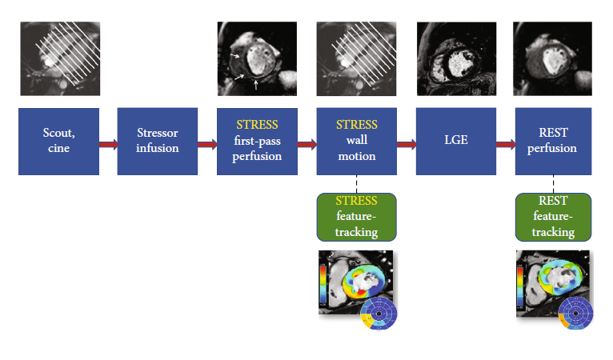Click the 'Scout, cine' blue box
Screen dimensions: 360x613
coord(58,142)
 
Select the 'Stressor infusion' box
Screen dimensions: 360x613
coord(158,142)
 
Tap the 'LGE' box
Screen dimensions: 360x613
coord(456,142)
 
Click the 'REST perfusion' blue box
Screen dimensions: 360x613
coord(555,142)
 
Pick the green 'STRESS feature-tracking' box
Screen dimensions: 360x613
coord(357,216)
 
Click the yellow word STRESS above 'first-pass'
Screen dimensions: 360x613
coord(257,126)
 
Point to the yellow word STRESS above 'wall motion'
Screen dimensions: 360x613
coord(356,126)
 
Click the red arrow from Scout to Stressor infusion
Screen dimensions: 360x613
coord(108,145)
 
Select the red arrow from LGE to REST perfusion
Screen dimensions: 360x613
coord(506,145)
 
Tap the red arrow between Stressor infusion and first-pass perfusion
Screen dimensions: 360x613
coord(207,145)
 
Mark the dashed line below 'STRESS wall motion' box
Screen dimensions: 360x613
coord(356,183)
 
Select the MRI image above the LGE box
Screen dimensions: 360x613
coord(456,58)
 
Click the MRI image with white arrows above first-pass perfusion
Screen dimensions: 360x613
coord(257,58)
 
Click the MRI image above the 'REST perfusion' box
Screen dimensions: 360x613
coord(555,58)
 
